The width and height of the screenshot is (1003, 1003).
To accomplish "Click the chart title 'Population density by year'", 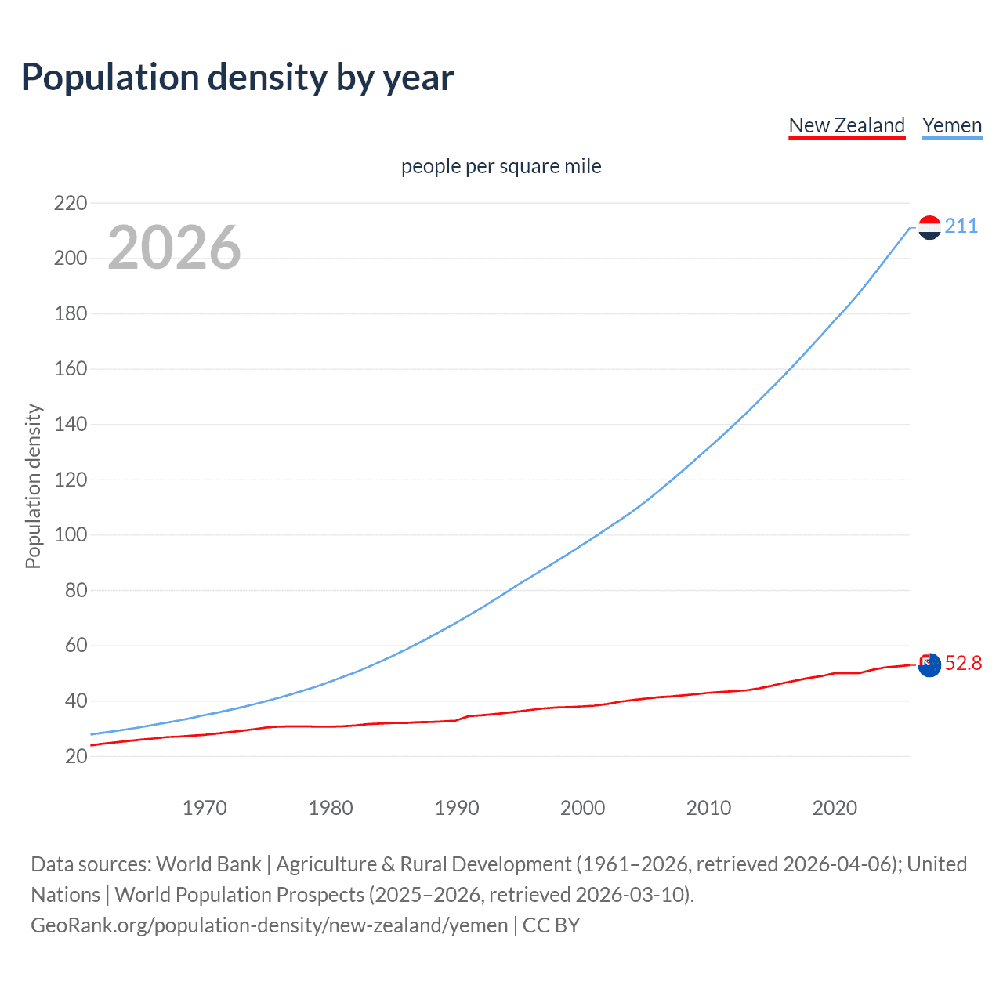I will coord(237,78).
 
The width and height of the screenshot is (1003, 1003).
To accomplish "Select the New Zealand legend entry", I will coord(846,125).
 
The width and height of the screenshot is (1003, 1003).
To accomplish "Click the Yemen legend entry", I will coord(951,125).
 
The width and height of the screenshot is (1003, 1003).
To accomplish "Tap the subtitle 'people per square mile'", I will coord(501,166).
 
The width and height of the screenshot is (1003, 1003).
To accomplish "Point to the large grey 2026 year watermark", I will coord(174,248).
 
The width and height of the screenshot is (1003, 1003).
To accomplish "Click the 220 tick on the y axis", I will coord(71,203).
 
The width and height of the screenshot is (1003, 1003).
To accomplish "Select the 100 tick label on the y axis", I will coord(71,535).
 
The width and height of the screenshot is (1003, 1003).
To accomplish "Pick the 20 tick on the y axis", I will coord(76,756).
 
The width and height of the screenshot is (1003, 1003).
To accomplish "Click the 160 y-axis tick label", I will coord(71,369).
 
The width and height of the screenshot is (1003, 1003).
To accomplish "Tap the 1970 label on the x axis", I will coord(205,808).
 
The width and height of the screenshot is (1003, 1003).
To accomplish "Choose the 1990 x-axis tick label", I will coord(457,808).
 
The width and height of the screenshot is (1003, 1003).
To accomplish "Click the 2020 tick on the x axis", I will coord(835,808).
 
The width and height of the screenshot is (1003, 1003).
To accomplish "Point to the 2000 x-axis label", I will coord(582,808).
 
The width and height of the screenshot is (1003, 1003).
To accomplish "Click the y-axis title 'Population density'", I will coord(33,486).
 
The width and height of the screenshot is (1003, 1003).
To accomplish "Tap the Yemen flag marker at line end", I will coord(929,227).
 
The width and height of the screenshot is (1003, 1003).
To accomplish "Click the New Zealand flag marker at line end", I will coord(929,665).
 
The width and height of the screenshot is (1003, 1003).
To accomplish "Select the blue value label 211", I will coord(961,226).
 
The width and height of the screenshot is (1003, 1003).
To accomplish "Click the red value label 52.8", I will coord(963,664).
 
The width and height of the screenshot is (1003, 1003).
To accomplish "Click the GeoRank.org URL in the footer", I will coord(269,925).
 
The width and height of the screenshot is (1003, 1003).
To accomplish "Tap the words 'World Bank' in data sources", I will coord(208,864).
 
